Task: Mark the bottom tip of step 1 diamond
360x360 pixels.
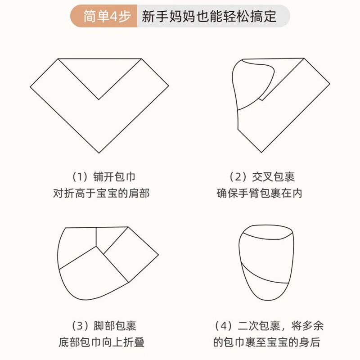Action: tap(99, 153)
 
